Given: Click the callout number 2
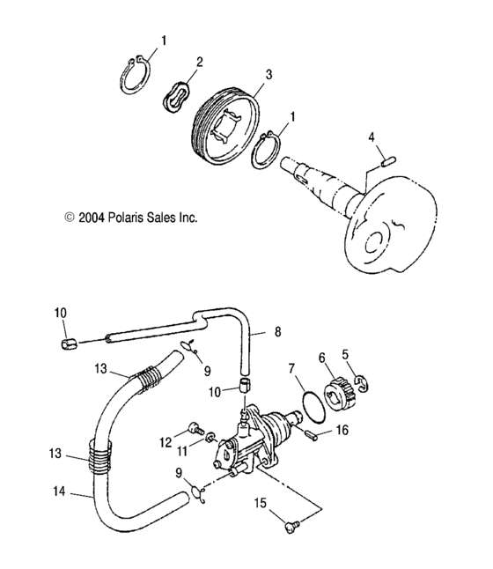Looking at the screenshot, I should coord(200,62).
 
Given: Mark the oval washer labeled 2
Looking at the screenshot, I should coord(179,93).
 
